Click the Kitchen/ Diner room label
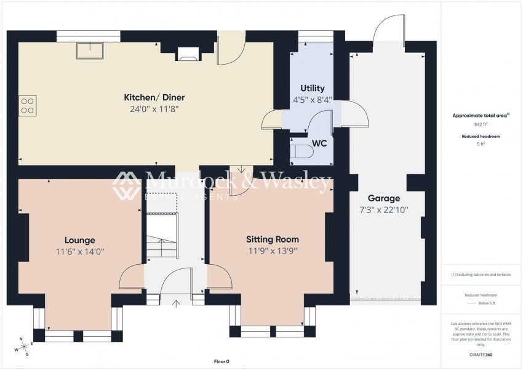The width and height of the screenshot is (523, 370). tap(154, 97)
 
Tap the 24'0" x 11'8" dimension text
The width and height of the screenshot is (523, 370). tap(154, 109)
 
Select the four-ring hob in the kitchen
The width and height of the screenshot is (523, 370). tap(27, 105)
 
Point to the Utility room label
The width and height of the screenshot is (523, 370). tap(312, 89)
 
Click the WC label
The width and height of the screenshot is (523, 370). tap(319, 143)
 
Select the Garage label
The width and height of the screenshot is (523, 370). tap(384, 198)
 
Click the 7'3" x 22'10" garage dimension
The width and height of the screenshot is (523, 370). tap(384, 210)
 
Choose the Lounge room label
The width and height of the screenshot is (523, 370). tap(80, 240)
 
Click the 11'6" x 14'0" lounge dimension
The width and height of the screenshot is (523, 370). tap(80, 252)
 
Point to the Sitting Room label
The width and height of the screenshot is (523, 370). tap(272, 239)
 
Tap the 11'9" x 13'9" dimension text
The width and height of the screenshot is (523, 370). tap(272, 251)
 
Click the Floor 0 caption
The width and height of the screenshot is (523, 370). tap(221, 361)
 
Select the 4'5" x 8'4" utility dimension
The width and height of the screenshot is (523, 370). tap(312, 100)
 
